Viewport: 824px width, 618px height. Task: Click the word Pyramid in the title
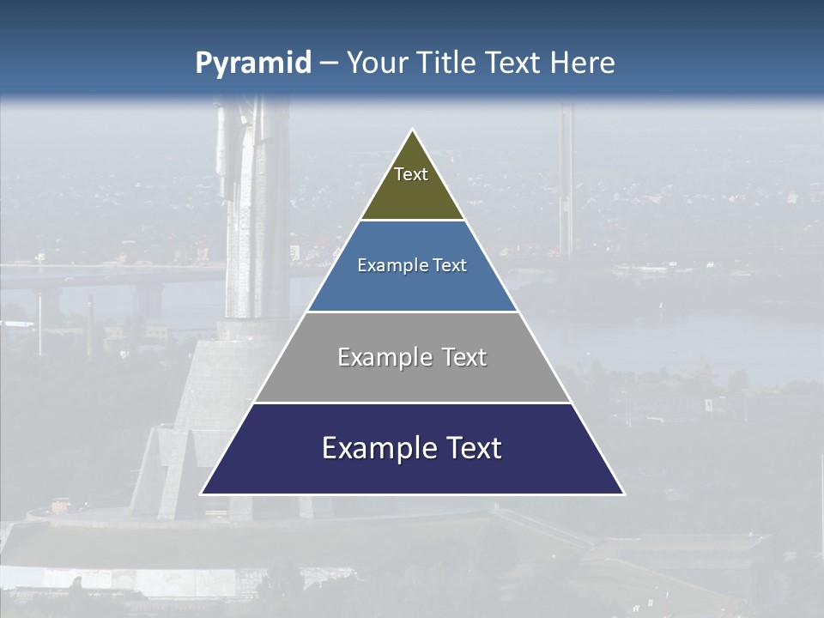pos(252,64)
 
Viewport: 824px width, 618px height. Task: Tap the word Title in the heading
pos(448,64)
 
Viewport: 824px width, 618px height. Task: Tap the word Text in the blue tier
pos(451,266)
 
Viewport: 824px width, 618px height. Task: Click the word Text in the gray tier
pos(464,357)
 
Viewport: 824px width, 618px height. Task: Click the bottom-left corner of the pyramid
pos(202,494)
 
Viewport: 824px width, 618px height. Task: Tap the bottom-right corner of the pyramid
pos(623,494)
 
